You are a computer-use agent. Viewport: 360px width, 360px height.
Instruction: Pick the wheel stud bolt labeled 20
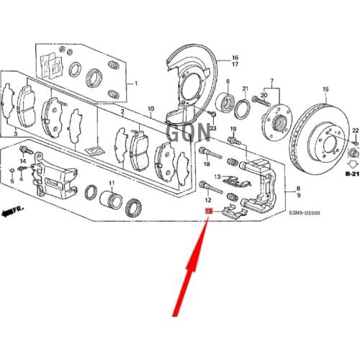coord(260,103)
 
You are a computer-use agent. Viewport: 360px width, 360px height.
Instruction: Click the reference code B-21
coord(351,174)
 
